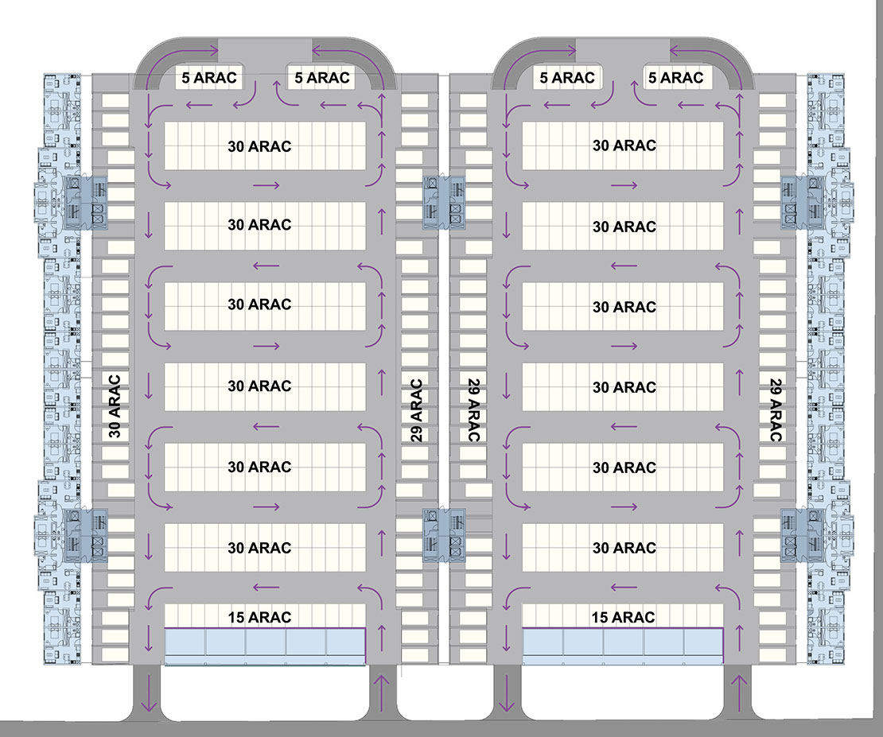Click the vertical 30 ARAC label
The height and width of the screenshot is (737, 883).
click(115, 406)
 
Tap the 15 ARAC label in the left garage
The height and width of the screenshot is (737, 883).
click(259, 617)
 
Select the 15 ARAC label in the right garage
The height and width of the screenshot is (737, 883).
click(624, 617)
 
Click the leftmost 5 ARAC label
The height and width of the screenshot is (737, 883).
click(210, 78)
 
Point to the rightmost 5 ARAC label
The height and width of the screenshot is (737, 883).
click(676, 78)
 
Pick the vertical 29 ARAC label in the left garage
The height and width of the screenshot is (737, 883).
click(416, 409)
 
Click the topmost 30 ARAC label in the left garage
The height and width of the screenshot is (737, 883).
click(259, 146)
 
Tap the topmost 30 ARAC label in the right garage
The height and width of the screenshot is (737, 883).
click(624, 145)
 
